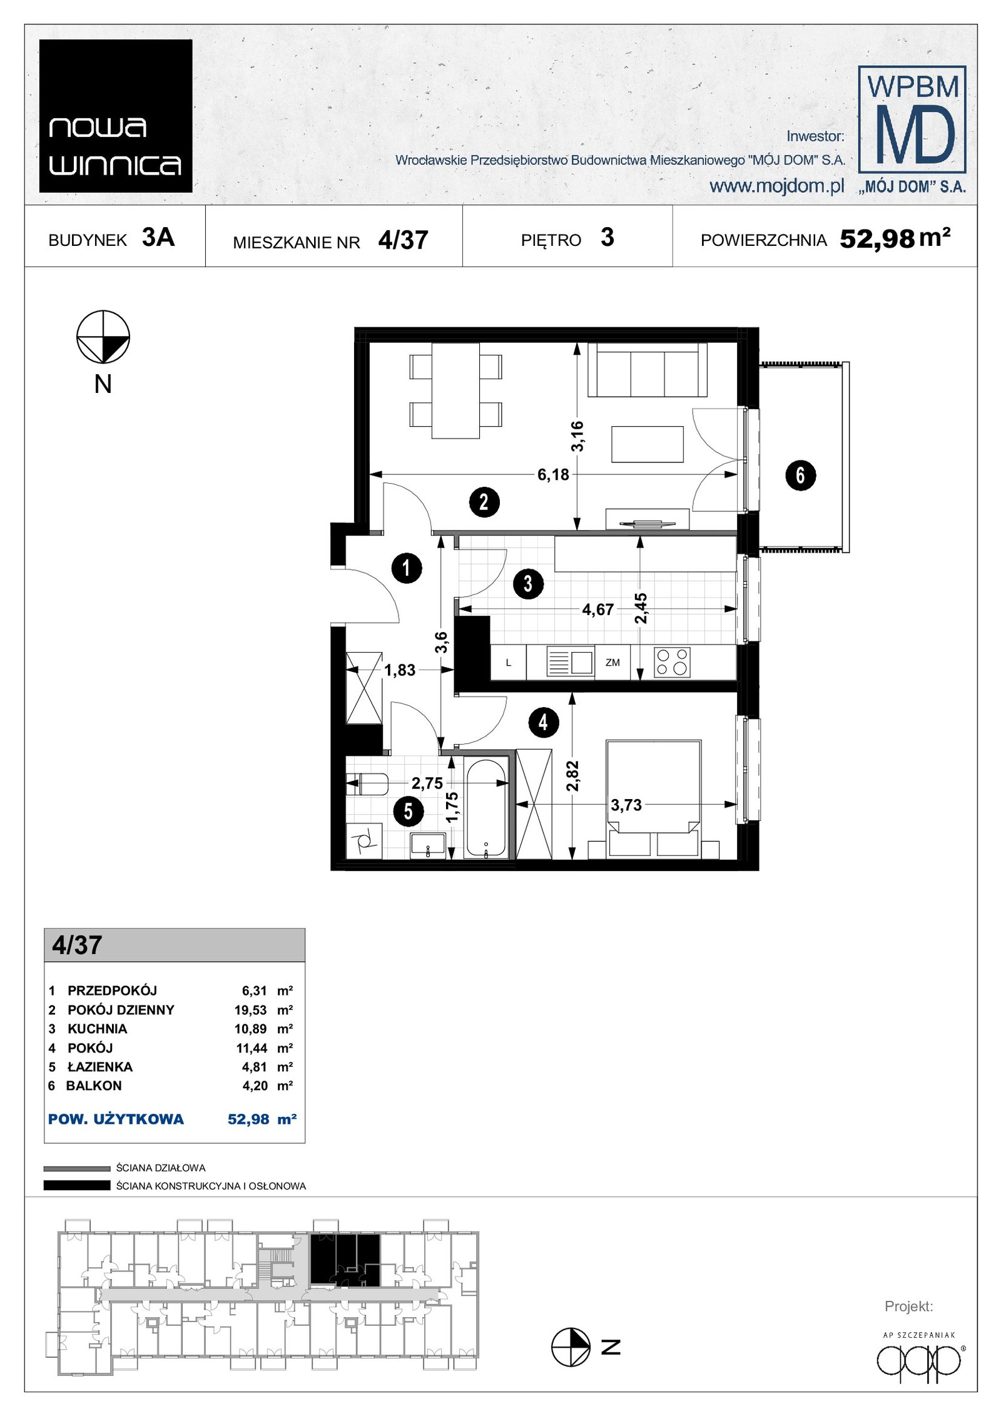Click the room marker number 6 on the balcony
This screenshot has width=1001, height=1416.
tap(800, 475)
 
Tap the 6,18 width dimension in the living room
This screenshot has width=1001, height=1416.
tap(553, 474)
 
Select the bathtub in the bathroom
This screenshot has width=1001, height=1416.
tap(486, 808)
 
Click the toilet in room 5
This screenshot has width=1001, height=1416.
tap(367, 783)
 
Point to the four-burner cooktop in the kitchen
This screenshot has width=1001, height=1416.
tap(672, 662)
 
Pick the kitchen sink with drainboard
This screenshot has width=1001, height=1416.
tap(570, 661)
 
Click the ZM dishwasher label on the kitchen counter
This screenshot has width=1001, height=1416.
tap(612, 662)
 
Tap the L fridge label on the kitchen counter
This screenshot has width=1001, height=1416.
tap(508, 663)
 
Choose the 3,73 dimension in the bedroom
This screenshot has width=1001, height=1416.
tap(626, 805)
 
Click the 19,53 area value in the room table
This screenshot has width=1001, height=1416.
tap(250, 1010)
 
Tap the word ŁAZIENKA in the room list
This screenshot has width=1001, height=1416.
tap(100, 1067)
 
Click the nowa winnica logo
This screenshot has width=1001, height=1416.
tap(116, 116)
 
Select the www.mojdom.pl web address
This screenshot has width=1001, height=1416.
tap(776, 186)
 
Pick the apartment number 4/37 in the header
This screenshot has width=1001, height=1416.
tap(403, 240)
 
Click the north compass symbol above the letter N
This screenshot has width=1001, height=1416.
tap(103, 337)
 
